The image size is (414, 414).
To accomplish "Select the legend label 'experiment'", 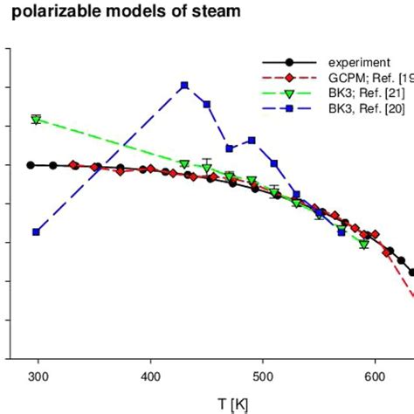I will tap(357, 62).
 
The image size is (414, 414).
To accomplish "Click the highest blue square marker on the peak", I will tap(184, 86).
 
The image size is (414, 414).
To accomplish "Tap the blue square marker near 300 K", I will tap(36, 231).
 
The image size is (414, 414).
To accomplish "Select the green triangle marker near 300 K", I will tap(36, 120).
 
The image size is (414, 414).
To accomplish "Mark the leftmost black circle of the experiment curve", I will tap(31, 165).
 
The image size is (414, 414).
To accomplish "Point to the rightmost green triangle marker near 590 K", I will tap(363, 245).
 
